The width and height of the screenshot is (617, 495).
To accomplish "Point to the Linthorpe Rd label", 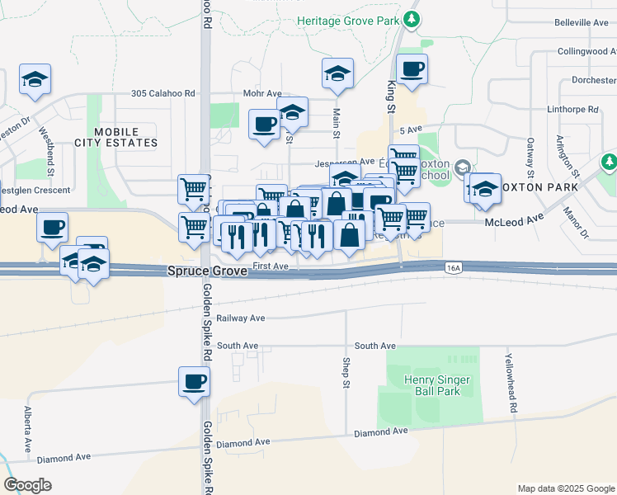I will click(572, 109).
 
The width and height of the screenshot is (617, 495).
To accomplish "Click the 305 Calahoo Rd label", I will click(162, 94).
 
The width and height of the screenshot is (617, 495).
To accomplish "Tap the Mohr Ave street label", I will click(259, 94).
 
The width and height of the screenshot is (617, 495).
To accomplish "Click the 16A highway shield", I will click(453, 267).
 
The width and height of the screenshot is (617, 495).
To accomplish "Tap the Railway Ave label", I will click(240, 318).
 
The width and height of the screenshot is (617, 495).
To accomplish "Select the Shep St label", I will click(347, 370).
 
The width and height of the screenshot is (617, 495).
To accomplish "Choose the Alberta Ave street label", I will click(27, 428).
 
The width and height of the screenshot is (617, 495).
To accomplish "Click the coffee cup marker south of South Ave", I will click(194, 382).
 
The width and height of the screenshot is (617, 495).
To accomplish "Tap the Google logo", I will click(27, 485).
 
